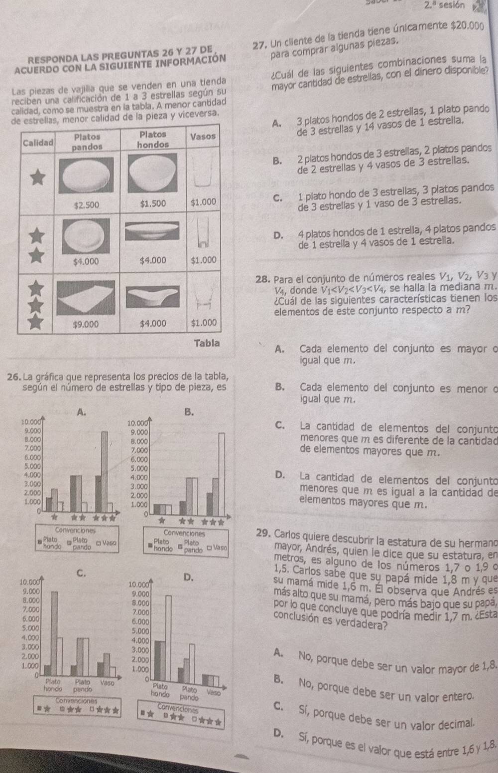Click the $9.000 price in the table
(x=86, y=324)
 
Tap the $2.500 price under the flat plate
(x=86, y=205)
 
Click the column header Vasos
(x=203, y=136)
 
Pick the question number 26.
(x=14, y=376)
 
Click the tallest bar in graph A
(x=105, y=468)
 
